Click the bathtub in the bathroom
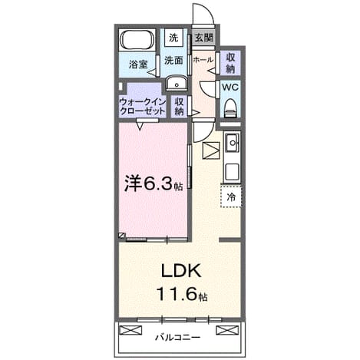(x=137, y=40)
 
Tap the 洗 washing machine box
(x=173, y=38)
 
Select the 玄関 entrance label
(x=203, y=38)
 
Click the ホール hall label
(x=203, y=60)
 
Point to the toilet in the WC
(x=230, y=108)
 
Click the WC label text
(x=230, y=87)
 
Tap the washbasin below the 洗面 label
(x=177, y=83)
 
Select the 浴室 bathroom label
(x=138, y=64)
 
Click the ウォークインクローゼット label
(x=143, y=107)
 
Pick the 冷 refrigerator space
(x=231, y=197)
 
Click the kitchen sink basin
(x=233, y=143)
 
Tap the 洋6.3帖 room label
(x=154, y=183)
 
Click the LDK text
(x=181, y=271)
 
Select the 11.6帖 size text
(x=182, y=294)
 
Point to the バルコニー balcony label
(x=177, y=338)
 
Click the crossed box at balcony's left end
(x=130, y=330)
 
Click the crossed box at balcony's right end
(x=227, y=330)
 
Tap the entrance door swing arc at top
(x=208, y=10)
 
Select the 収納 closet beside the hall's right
(x=230, y=63)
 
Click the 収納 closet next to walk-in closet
(x=179, y=107)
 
